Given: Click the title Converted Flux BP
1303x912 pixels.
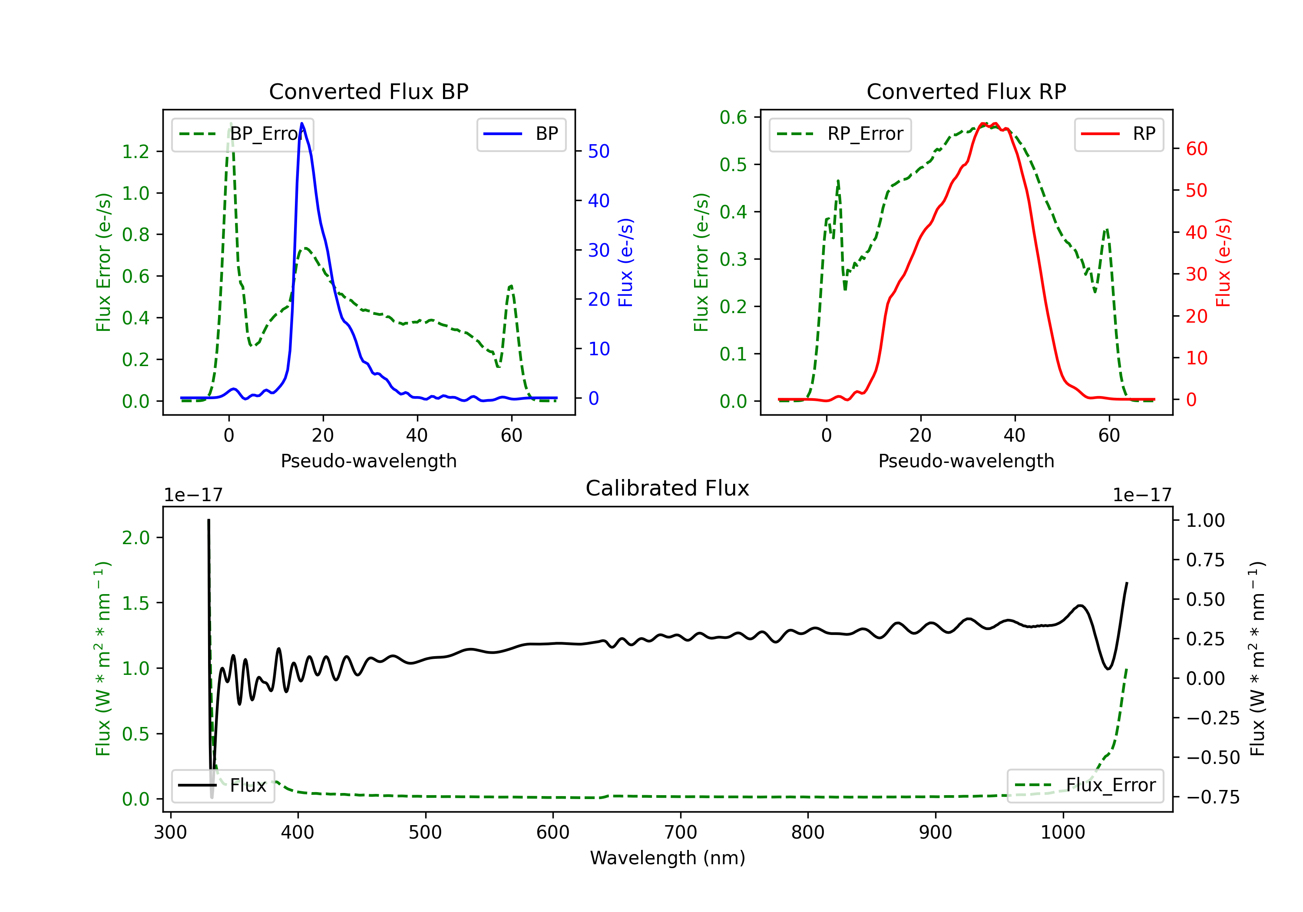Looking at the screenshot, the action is pos(368,91).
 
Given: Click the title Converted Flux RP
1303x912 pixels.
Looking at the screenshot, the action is pos(966,91).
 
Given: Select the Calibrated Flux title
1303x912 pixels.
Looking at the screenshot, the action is pos(668,488).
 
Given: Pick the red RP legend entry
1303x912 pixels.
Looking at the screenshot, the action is pos(1118,134).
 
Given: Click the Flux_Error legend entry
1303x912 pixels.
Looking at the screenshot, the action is pos(1085,786).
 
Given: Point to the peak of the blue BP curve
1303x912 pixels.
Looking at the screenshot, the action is pos(302,123).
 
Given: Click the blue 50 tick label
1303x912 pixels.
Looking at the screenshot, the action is pos(599,151).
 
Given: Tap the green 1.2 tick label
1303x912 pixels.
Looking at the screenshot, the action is pos(136,152).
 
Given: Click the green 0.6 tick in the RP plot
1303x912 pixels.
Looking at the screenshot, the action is pos(733,118).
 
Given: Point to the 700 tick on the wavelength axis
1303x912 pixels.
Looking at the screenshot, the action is pos(681,833).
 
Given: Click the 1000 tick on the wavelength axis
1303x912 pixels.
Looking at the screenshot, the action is pos(1062,833).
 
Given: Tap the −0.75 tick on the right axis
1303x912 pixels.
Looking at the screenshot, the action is pos(1213,797).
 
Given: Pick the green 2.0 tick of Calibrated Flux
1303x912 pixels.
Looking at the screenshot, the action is pos(136,538).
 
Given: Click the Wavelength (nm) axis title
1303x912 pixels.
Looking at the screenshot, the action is pos(668,858).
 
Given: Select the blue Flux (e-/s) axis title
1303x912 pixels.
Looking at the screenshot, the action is pos(625,262).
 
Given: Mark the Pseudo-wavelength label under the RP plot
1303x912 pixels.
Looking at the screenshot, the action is pos(966,461).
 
